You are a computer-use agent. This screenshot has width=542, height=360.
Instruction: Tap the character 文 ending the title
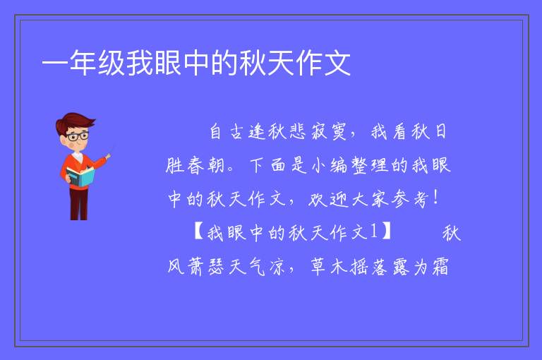point(337,63)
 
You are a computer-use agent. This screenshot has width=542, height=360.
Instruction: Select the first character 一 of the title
point(55,64)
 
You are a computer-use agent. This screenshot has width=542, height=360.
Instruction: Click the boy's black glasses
point(78,136)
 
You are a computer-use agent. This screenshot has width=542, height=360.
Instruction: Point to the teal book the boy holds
point(80,177)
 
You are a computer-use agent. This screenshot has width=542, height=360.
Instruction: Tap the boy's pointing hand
point(108,157)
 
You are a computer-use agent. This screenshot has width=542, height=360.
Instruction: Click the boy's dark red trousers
point(79,204)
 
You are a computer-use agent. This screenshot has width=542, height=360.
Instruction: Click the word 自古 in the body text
point(227,132)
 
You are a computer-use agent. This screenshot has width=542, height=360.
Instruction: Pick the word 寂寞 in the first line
point(328,132)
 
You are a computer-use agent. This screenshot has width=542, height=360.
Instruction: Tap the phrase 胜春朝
point(195,165)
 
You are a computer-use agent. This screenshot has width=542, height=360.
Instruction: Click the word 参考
point(410,199)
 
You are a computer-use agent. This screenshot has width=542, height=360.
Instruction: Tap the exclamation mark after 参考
point(436,198)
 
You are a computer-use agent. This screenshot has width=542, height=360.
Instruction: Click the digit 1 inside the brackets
point(374,232)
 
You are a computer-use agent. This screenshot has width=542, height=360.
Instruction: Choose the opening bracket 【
point(198,232)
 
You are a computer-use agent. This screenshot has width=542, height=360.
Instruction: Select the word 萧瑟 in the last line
point(206,267)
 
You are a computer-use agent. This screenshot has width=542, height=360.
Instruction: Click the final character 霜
point(440,267)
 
